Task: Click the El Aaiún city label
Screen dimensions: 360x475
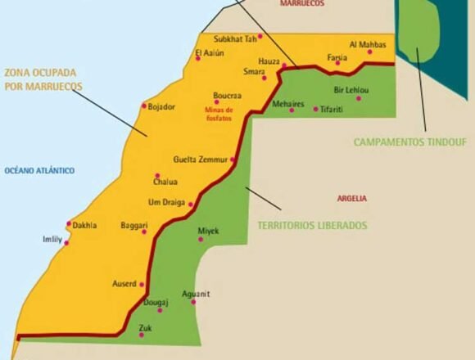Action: click(x=210, y=53)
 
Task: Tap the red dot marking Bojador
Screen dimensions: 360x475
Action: click(x=144, y=106)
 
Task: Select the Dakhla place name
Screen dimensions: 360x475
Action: click(x=84, y=225)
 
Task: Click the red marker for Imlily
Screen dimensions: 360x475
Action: click(x=66, y=243)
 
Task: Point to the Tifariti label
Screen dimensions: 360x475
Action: click(x=337, y=109)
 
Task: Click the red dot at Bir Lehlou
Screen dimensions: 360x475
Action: click(x=358, y=98)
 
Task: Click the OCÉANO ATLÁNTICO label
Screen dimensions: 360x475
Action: click(x=39, y=170)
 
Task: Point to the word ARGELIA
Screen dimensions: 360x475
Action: click(x=351, y=198)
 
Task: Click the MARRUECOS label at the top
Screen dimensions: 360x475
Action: click(x=301, y=3)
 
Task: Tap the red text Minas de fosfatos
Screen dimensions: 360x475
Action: click(x=219, y=114)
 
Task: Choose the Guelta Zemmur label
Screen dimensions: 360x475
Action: click(x=201, y=159)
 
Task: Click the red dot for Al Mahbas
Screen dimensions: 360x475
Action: click(x=369, y=52)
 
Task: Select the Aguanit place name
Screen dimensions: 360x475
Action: click(x=196, y=293)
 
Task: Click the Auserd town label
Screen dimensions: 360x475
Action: click(x=124, y=284)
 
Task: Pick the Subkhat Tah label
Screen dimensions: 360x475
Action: click(x=235, y=38)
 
